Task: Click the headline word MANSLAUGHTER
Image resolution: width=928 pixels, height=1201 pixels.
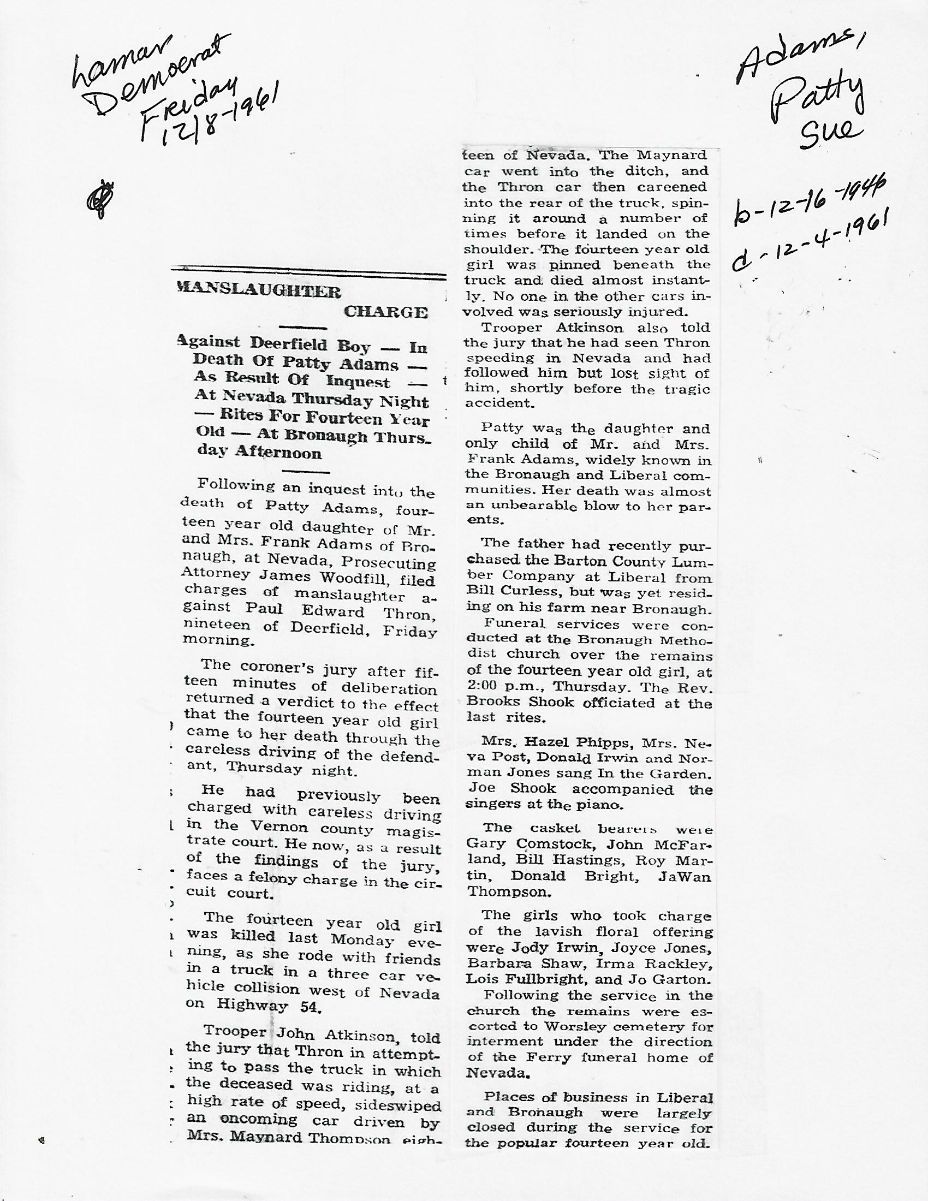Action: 258,290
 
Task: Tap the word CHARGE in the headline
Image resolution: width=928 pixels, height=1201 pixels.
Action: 385,312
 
